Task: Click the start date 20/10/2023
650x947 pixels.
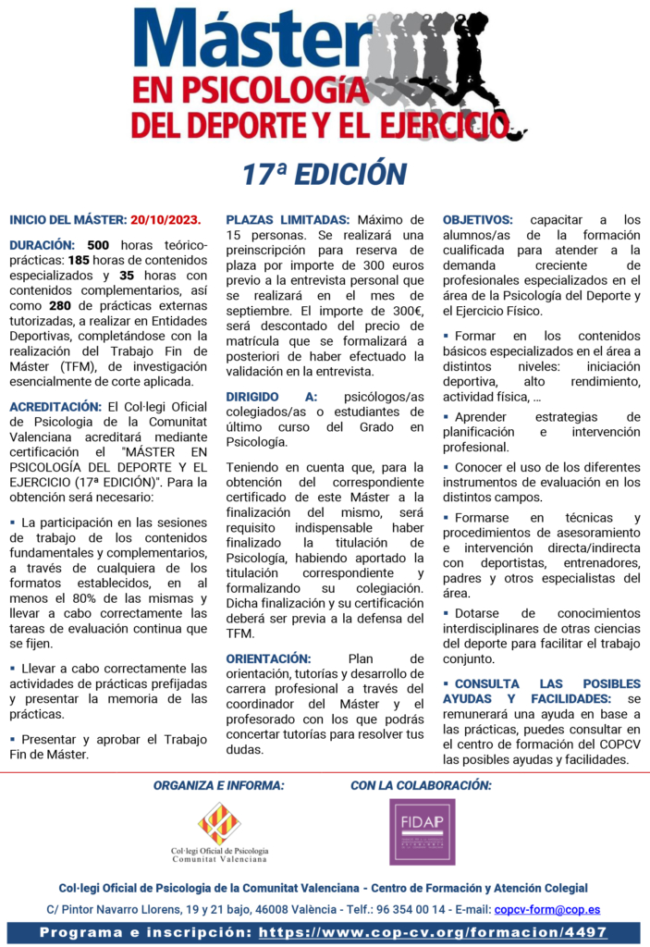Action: click(166, 220)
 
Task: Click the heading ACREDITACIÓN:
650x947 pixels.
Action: click(55, 406)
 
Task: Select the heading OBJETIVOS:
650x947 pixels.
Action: click(477, 220)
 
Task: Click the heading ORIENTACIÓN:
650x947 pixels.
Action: click(268, 658)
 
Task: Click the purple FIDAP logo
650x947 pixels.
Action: click(422, 832)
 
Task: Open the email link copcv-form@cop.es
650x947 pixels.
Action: click(547, 911)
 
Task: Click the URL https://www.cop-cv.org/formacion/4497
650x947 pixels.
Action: click(433, 933)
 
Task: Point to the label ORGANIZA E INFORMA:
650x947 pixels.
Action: click(219, 785)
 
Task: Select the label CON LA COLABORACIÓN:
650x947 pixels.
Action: click(421, 785)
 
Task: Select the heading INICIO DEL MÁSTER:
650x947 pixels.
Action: click(67, 220)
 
